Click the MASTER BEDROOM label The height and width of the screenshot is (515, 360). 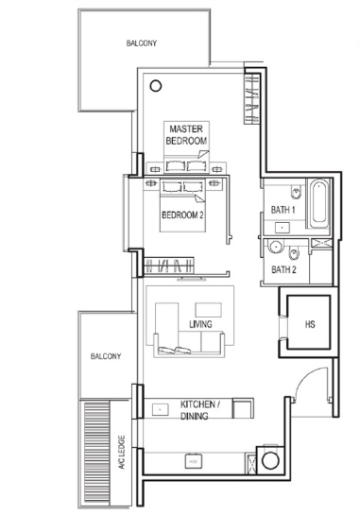pyautogui.click(x=186, y=135)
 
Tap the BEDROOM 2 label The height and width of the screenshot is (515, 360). pyautogui.click(x=182, y=215)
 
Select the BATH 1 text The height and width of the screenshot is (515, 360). pyautogui.click(x=283, y=210)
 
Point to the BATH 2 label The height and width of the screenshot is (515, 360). pyautogui.click(x=283, y=269)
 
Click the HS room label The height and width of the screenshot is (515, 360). pyautogui.click(x=310, y=324)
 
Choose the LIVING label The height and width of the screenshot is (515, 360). pyautogui.click(x=200, y=324)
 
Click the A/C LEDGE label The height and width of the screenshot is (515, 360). pyautogui.click(x=122, y=453)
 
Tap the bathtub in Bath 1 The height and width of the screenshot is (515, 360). pyautogui.click(x=318, y=203)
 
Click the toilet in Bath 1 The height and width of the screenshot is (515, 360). pyautogui.click(x=296, y=193)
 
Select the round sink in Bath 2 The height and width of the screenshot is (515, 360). pyautogui.click(x=275, y=247)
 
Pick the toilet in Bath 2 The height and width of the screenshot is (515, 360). pyautogui.click(x=293, y=253)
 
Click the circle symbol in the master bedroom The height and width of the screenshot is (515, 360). pyautogui.click(x=156, y=86)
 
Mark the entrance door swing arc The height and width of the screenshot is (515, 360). pyautogui.click(x=307, y=375)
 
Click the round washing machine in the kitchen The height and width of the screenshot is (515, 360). pyautogui.click(x=270, y=461)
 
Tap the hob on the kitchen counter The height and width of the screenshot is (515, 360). pyautogui.click(x=193, y=461)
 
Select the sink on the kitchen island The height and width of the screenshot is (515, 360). pyautogui.click(x=161, y=409)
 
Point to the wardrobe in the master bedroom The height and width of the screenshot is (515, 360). pyautogui.click(x=251, y=98)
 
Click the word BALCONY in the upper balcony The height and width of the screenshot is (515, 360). pyautogui.click(x=141, y=43)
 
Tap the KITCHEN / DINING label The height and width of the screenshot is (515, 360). pyautogui.click(x=200, y=410)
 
